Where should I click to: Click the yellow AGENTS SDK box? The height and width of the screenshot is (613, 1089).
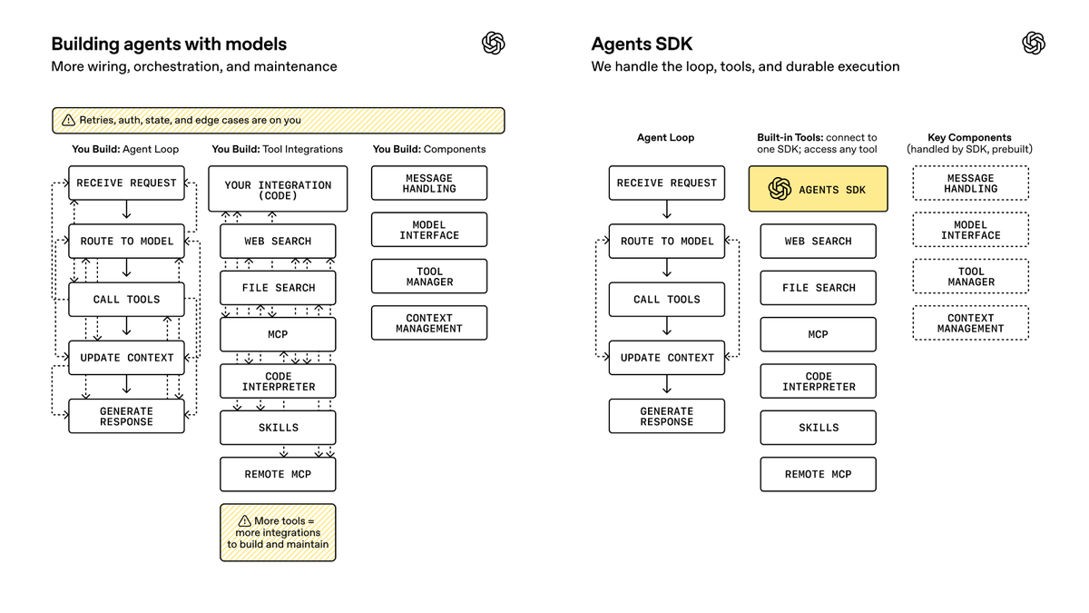[x=818, y=189]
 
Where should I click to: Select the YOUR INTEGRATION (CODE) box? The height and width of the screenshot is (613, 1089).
[x=278, y=189]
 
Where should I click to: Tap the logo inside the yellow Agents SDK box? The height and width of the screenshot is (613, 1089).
[x=780, y=189]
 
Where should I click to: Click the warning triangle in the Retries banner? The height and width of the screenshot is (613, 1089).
[x=69, y=120]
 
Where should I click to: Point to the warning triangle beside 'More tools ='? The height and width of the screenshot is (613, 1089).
[x=244, y=521]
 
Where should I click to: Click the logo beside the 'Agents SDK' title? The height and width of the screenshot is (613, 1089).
[x=1034, y=43]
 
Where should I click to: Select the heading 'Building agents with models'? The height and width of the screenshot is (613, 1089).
[x=169, y=44]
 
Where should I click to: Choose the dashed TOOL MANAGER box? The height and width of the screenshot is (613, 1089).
[x=970, y=276]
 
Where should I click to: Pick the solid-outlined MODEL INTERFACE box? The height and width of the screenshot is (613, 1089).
[x=428, y=230]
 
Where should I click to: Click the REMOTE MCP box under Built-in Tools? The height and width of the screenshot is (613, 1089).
[x=819, y=474]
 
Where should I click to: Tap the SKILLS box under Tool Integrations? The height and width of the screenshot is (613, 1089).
[x=278, y=428]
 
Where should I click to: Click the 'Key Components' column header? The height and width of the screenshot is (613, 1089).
[x=969, y=137]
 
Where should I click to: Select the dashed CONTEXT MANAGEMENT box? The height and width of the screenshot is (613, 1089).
[x=970, y=323]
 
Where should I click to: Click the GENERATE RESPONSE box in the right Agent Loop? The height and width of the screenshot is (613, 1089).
[x=666, y=417]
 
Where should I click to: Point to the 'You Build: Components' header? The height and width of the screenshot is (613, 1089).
[x=428, y=149]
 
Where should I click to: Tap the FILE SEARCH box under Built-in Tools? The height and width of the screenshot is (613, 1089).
[x=819, y=288]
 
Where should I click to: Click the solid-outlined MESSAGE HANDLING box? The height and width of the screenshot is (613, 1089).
[x=428, y=183]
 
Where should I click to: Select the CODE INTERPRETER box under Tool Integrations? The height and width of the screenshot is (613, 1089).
[x=278, y=381]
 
